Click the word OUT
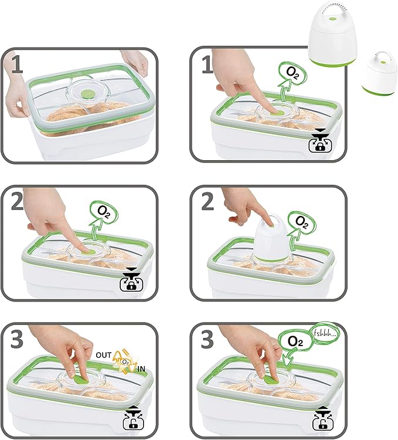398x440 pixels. coord(103,355)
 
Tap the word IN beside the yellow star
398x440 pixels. coord(141,369)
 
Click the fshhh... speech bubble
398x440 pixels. coord(325,334)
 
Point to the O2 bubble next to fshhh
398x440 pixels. coord(295,341)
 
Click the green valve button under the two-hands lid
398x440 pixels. coord(87,94)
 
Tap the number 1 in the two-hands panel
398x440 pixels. coord(18,65)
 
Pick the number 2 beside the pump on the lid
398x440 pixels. coord(207,201)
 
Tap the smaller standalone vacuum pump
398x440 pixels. coord(380,74)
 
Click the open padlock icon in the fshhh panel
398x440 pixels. coord(320,422)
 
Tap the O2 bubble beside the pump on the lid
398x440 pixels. coord(302,222)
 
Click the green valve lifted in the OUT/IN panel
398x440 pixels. coord(80,380)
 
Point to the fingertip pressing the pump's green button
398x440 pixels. coord(270,222)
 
